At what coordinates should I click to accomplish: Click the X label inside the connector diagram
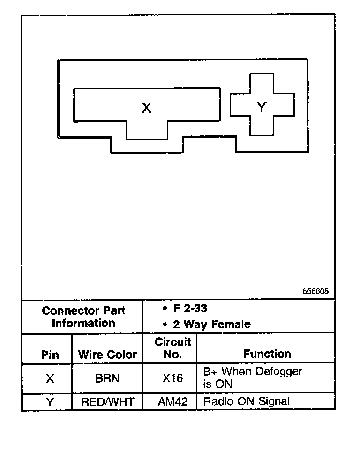pyautogui.click(x=146, y=108)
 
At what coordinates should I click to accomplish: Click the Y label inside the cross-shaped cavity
pyautogui.click(x=262, y=107)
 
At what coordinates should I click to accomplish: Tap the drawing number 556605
pyautogui.click(x=315, y=291)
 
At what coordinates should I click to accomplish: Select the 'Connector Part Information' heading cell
pyautogui.click(x=83, y=317)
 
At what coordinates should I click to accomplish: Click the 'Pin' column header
pyautogui.click(x=50, y=355)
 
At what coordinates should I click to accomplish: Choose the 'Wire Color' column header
pyautogui.click(x=107, y=355)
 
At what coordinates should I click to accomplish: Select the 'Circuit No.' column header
pyautogui.click(x=173, y=348)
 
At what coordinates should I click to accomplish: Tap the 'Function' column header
pyautogui.click(x=267, y=354)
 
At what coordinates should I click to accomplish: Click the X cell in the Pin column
pyautogui.click(x=50, y=378)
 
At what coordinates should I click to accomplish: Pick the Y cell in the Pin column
pyautogui.click(x=50, y=401)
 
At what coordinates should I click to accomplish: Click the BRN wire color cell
pyautogui.click(x=107, y=378)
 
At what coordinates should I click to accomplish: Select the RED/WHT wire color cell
pyautogui.click(x=107, y=401)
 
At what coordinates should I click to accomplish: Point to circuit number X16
pyautogui.click(x=172, y=378)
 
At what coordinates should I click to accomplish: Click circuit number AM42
pyautogui.click(x=172, y=401)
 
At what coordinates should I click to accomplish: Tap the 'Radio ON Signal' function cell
pyautogui.click(x=247, y=401)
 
